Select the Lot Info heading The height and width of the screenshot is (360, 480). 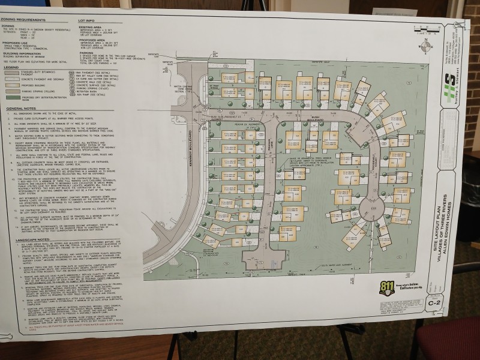coord(88,20)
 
